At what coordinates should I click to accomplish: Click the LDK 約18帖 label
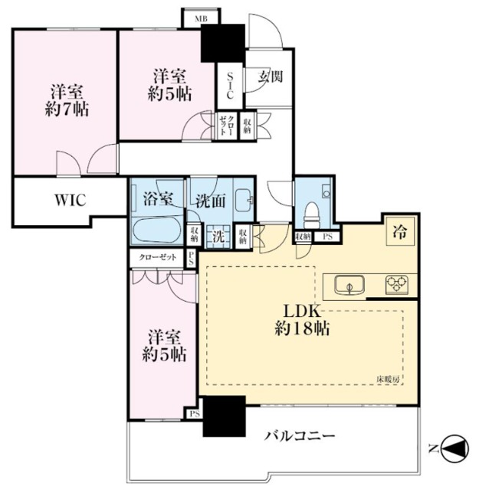(x=303, y=322)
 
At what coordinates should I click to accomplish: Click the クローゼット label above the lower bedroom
(x=157, y=259)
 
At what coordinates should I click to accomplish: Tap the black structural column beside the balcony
(x=223, y=416)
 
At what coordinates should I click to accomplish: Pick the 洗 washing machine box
(x=218, y=237)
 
